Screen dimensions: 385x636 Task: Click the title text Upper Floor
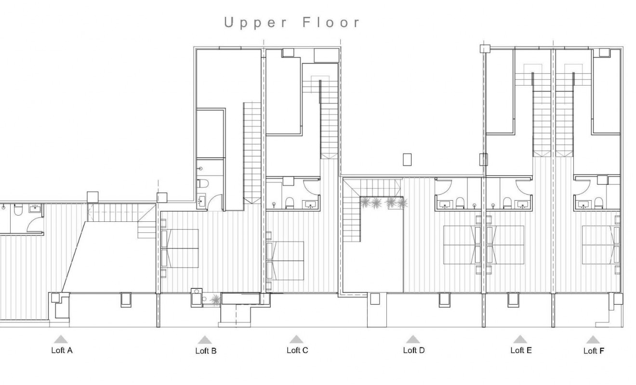292,23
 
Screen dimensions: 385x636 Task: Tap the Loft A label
62,350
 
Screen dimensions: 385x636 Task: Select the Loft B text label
206,351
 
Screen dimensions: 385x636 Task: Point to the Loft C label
297,350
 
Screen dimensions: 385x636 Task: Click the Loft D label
413,350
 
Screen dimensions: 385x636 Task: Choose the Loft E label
521,350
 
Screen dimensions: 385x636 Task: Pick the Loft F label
594,351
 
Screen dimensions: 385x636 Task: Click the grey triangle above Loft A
61,339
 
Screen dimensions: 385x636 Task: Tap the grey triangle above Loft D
413,339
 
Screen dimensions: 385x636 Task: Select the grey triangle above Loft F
593,339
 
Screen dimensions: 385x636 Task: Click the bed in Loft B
180,248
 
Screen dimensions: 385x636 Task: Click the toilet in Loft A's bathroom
18,210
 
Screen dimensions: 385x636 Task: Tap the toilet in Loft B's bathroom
203,183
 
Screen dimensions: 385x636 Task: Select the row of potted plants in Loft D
384,203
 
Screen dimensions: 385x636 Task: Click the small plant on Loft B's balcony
215,300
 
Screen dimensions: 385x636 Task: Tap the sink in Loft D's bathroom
444,204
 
